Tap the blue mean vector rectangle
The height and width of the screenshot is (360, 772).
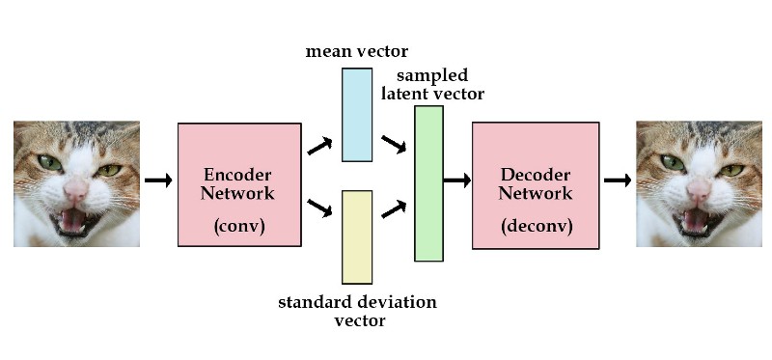(x=357, y=114)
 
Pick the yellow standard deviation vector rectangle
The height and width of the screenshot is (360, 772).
(x=357, y=236)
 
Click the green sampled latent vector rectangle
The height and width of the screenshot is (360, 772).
(x=428, y=183)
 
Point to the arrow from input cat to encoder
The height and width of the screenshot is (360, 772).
(x=157, y=180)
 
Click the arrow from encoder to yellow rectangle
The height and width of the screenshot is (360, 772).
(x=319, y=208)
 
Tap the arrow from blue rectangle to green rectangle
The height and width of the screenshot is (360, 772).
(x=393, y=146)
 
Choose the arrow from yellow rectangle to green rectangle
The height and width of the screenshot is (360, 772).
(x=393, y=208)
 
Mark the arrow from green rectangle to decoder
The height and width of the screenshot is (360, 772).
(x=456, y=180)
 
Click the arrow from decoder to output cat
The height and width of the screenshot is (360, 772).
(x=617, y=180)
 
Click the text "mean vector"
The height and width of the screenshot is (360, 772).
(x=356, y=51)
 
